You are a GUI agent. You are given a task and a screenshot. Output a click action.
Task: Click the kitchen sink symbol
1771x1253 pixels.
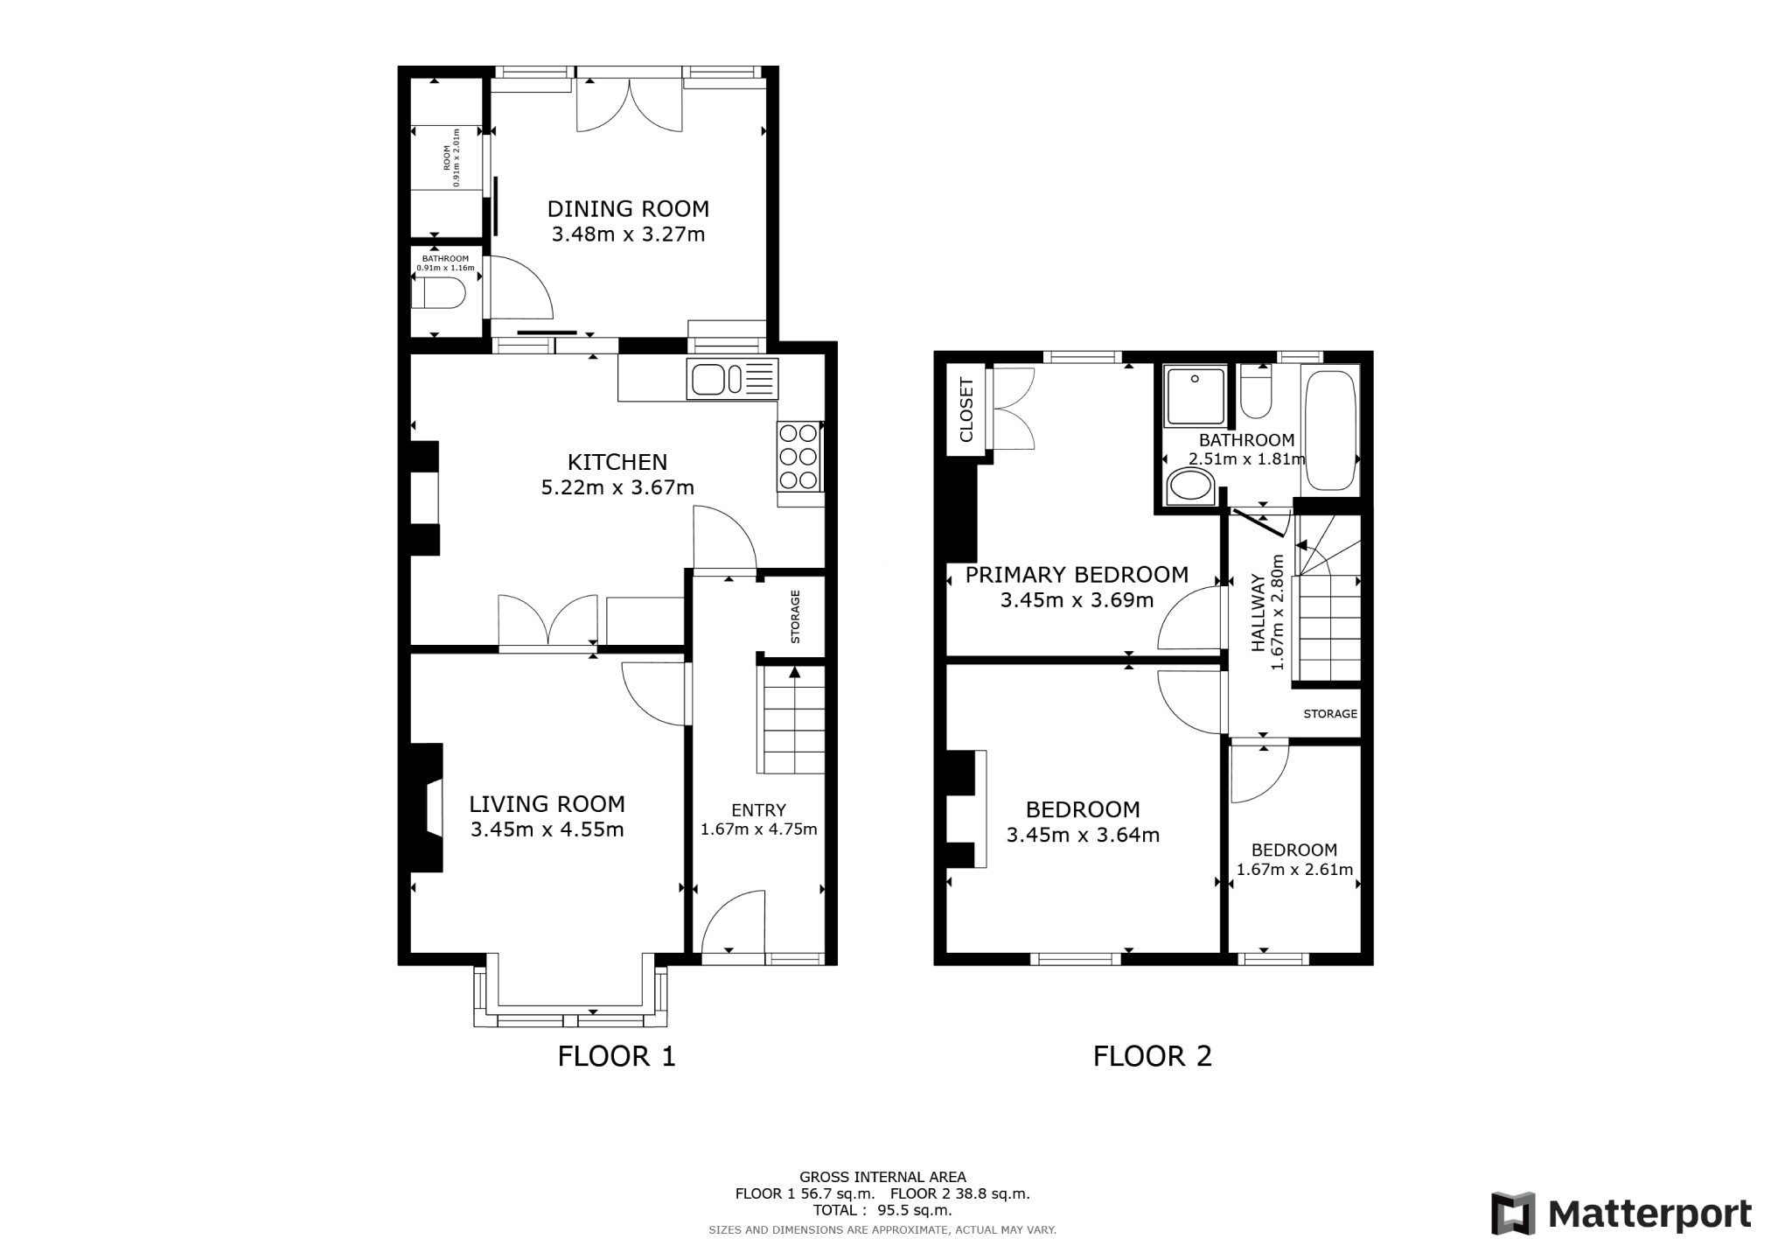click(731, 380)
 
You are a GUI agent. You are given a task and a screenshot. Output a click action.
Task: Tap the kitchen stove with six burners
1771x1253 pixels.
click(798, 455)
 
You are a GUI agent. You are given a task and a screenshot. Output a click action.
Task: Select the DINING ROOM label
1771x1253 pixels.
click(627, 208)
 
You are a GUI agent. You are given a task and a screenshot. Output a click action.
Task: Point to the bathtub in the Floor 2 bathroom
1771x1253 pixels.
click(1331, 429)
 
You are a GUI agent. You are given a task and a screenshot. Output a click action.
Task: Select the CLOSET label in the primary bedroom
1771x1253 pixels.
click(966, 409)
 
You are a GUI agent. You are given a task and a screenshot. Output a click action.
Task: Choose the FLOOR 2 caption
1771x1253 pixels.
click(1152, 1056)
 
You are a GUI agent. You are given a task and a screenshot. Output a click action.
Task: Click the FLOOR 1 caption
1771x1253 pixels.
click(617, 1056)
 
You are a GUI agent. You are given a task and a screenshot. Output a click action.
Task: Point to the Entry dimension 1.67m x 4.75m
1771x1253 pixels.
click(758, 829)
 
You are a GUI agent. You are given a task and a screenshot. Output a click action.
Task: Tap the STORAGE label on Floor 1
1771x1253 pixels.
click(795, 616)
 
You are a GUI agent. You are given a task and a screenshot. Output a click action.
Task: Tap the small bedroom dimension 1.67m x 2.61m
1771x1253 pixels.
click(1293, 870)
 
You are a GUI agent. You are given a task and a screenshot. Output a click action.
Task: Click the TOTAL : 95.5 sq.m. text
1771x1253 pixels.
click(882, 1210)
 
